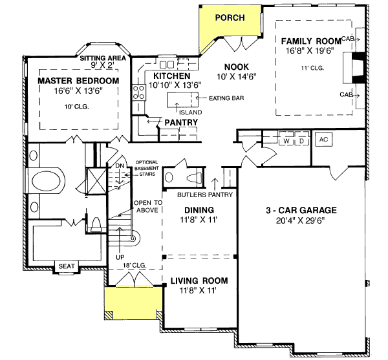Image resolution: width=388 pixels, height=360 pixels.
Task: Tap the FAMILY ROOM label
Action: click(311, 41)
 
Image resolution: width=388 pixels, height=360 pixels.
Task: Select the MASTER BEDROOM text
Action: click(78, 81)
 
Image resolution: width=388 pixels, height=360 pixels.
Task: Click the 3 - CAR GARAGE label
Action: click(300, 210)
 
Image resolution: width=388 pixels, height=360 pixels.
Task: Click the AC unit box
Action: click(323, 140)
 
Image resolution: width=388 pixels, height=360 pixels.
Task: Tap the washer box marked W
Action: click(285, 140)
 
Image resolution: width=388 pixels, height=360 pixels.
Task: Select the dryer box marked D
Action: click(301, 140)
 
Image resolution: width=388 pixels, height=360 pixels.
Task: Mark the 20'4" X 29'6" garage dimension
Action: click(300, 220)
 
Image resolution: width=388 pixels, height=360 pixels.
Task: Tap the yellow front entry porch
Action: click(132, 301)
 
